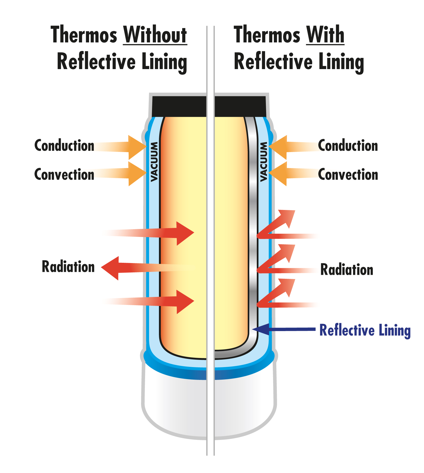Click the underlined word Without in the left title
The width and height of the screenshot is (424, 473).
point(155,35)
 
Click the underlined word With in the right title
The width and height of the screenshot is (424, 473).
point(325,35)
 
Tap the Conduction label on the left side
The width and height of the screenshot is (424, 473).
point(64,146)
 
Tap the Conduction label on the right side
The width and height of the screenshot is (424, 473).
point(348,146)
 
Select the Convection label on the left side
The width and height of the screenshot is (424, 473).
point(64,174)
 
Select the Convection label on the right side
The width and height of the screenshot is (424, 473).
point(348,174)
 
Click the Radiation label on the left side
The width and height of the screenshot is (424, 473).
point(68,267)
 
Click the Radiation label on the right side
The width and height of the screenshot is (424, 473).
point(347,269)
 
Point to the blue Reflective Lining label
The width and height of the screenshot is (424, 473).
point(365,330)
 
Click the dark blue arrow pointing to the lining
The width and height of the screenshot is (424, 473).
point(285,329)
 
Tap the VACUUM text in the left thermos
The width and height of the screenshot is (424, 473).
point(154,162)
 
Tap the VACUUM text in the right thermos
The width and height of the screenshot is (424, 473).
point(263,162)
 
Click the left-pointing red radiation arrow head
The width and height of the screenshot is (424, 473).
point(111,268)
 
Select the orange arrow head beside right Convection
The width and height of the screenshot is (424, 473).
point(279,173)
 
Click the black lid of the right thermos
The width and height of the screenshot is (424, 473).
point(240,106)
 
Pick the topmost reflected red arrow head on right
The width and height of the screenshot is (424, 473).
point(288,217)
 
